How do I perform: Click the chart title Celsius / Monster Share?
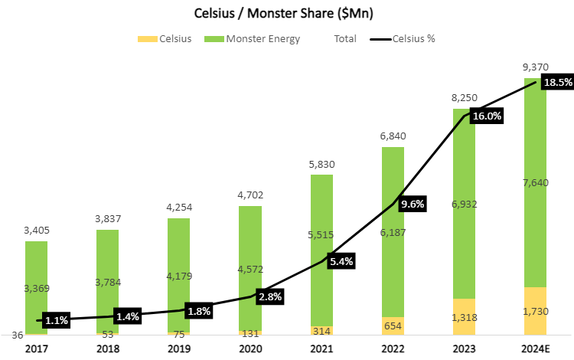287,14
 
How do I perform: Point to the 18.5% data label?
556,82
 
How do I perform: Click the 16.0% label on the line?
487,116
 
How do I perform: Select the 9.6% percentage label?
411,204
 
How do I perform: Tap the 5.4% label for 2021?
341,261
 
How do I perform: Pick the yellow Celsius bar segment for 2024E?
535,311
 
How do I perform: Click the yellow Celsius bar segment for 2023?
464,316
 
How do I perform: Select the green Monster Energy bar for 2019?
179,275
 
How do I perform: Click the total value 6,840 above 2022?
393,136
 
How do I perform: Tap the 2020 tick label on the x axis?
250,349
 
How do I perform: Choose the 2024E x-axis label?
535,349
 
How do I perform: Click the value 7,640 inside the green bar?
535,182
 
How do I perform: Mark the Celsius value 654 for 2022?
393,326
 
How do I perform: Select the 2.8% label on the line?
269,296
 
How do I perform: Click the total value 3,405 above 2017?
37,229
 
